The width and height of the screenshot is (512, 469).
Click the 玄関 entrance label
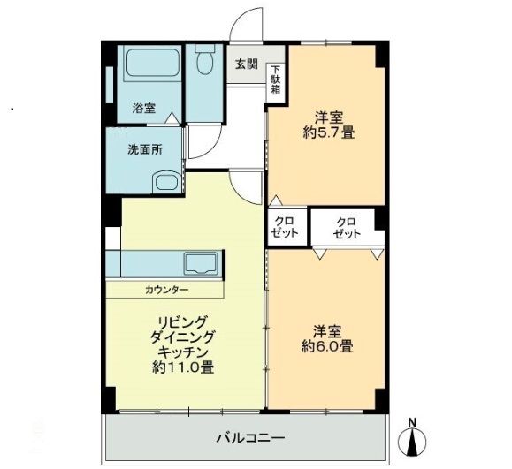coord(247,64)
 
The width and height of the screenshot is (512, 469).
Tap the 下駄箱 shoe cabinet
coord(276,80)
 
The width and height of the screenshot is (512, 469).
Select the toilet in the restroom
coord(206,63)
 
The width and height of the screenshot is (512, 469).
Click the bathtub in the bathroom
coord(153,64)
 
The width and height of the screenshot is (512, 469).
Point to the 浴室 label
coord(144,109)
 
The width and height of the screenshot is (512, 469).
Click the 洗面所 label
coord(145,149)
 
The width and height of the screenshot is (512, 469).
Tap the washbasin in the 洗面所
coord(166,184)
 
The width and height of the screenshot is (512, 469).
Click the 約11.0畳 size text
coord(185,367)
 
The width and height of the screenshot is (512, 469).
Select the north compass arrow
coord(412,441)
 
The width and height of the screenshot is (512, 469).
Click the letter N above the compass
coord(412,421)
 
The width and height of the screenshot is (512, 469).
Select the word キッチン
coord(184,352)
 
